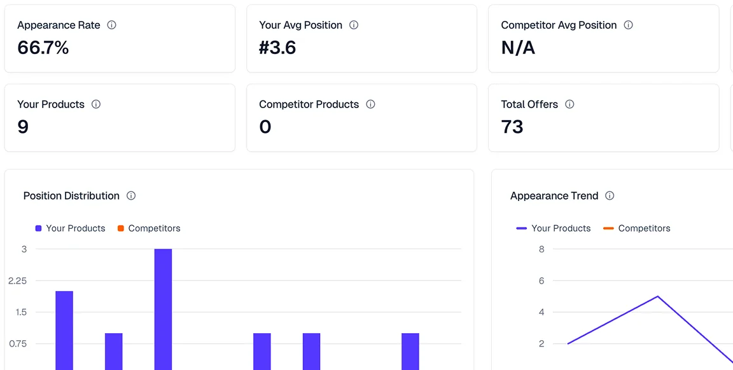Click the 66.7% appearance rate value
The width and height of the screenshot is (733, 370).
tap(43, 48)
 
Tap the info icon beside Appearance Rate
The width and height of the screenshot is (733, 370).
tap(111, 25)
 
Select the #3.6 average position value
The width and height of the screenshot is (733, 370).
tap(277, 48)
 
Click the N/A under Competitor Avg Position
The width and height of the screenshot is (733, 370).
tap(518, 48)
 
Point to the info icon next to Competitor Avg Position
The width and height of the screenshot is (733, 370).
tap(628, 25)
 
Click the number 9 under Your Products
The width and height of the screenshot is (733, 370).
tap(23, 127)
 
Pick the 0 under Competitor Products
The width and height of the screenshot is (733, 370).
tap(265, 127)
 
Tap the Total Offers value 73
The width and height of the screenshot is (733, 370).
tap(512, 127)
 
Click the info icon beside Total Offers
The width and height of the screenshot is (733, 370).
tap(569, 104)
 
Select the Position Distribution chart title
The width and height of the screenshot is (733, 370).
tap(71, 196)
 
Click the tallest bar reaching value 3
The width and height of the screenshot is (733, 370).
tap(163, 308)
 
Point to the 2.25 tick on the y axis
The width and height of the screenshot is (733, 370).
tap(18, 280)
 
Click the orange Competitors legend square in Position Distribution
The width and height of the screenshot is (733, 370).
tap(121, 228)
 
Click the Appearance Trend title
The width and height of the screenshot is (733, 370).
tap(554, 196)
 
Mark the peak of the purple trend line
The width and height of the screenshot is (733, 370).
tap(657, 296)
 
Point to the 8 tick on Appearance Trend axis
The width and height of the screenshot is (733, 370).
tap(541, 249)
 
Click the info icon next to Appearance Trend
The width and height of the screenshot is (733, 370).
tap(610, 196)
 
